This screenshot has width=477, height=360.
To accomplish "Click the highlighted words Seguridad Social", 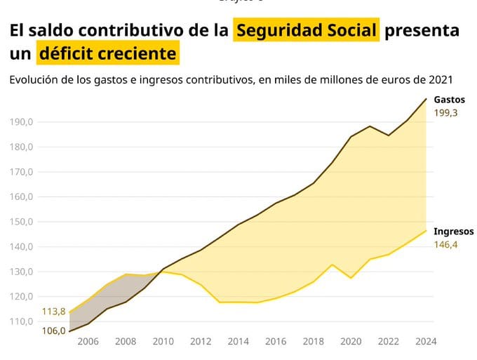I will pyautogui.click(x=307, y=31).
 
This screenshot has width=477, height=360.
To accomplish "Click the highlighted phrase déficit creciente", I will pyautogui.click(x=107, y=53).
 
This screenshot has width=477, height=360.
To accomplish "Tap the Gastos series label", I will pyautogui.click(x=449, y=100).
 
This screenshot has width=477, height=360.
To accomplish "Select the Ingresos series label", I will pyautogui.click(x=454, y=232).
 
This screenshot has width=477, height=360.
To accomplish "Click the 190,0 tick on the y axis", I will pyautogui.click(x=22, y=122).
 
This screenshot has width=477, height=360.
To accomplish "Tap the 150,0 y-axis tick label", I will pyautogui.click(x=22, y=222).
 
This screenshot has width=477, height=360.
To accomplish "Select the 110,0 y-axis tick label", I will pyautogui.click(x=22, y=321).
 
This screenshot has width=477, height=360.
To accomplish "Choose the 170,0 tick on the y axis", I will pyautogui.click(x=22, y=172).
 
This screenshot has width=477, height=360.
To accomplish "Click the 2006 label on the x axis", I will pyautogui.click(x=88, y=342).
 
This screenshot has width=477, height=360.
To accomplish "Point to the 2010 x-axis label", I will pyautogui.click(x=163, y=342).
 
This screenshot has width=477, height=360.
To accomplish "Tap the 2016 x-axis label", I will pyautogui.click(x=276, y=342).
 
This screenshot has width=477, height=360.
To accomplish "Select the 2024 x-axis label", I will pyautogui.click(x=426, y=342).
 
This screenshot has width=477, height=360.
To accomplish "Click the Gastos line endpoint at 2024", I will pyautogui.click(x=426, y=99).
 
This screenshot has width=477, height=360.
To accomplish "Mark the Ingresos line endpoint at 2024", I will pyautogui.click(x=426, y=230).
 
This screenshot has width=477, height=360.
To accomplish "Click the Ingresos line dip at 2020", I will pyautogui.click(x=351, y=278).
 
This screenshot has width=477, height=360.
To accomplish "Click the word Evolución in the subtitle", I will pyautogui.click(x=33, y=80).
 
